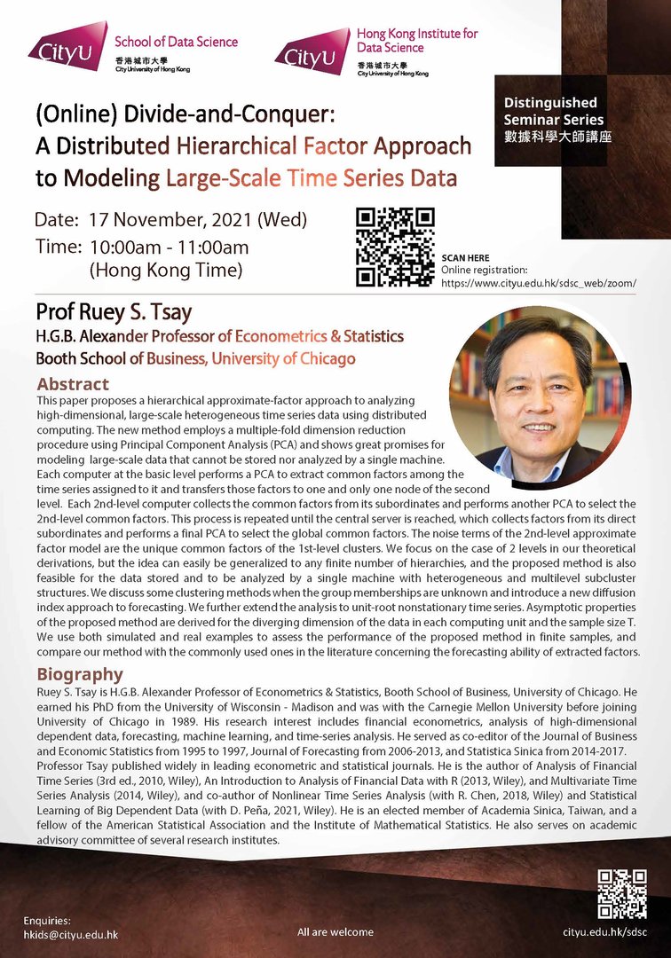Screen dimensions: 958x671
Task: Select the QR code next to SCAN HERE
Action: click(x=395, y=247)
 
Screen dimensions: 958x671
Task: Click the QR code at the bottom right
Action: click(x=621, y=893)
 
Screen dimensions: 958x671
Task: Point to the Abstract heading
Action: click(x=73, y=384)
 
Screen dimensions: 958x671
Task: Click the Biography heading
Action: click(x=80, y=674)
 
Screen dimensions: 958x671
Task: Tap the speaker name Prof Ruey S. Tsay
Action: click(x=113, y=312)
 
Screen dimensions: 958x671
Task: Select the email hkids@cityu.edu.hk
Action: click(x=71, y=935)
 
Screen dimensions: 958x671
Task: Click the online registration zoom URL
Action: click(x=538, y=283)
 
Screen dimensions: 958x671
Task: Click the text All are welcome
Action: click(x=335, y=932)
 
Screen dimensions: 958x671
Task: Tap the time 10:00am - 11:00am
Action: click(x=169, y=247)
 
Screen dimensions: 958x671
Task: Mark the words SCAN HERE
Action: click(x=465, y=258)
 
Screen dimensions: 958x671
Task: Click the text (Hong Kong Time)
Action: click(x=166, y=270)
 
